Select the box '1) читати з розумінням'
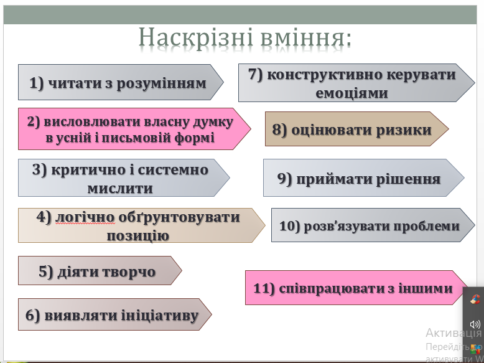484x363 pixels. pos(121,82)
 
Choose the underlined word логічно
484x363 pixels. pos(85,217)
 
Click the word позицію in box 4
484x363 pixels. pos(137,236)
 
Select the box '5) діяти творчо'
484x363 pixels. pos(100,270)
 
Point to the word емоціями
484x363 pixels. pos(351,93)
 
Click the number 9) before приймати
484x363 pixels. pos(284,178)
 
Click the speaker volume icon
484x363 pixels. pos(475,324)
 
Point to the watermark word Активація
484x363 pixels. pos(454,333)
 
